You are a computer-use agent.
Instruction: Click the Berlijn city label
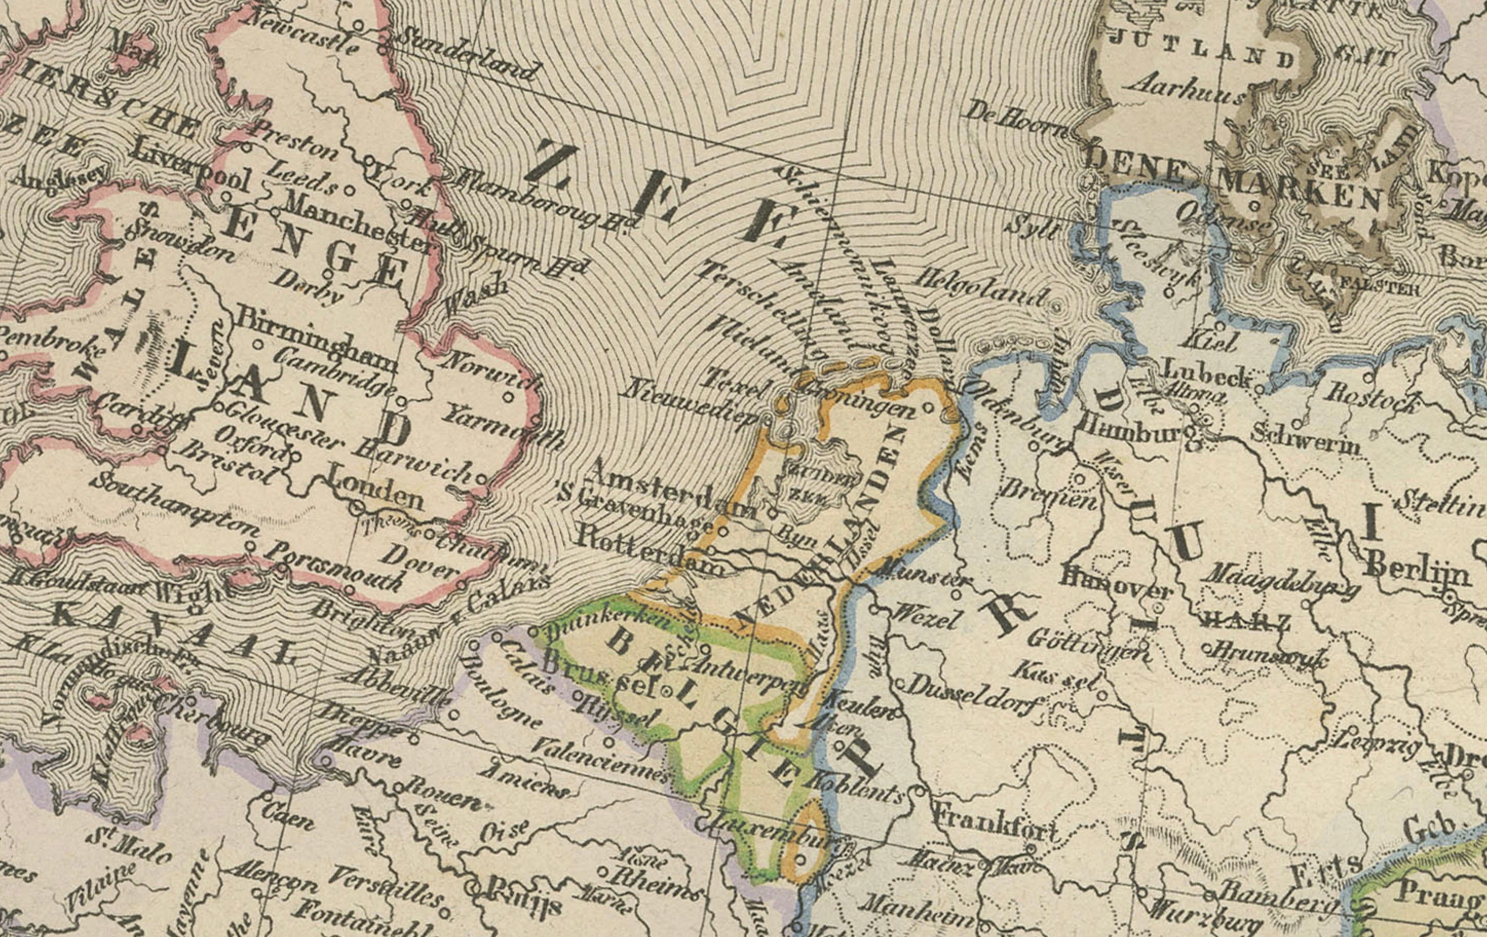1417,574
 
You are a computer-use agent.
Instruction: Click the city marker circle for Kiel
1220,326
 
